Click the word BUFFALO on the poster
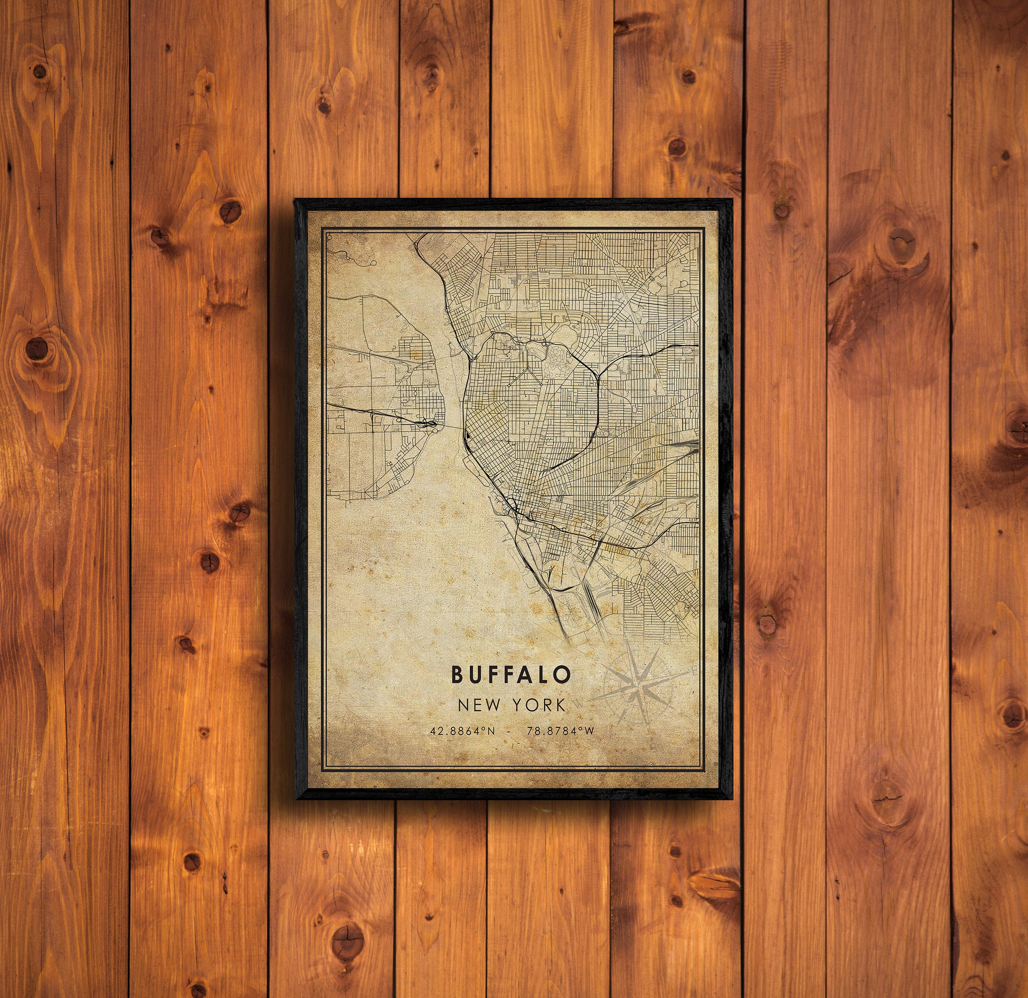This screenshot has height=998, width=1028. [510, 675]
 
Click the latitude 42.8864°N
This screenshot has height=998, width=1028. [462, 731]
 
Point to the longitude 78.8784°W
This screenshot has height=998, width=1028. [561, 731]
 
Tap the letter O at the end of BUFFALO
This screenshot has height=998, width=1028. [562, 675]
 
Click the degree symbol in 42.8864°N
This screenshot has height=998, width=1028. [484, 729]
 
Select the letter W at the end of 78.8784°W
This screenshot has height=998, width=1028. [589, 731]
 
